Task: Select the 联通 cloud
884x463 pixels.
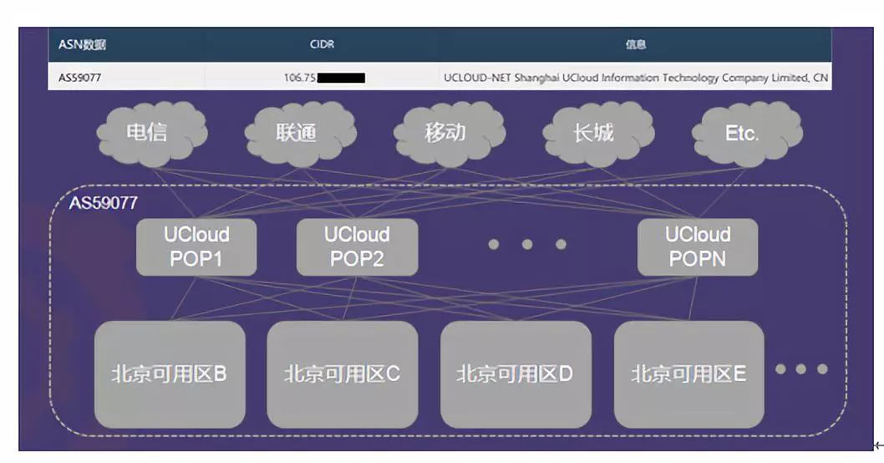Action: pyautogui.click(x=297, y=134)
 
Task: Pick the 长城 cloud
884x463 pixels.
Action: pyautogui.click(x=594, y=134)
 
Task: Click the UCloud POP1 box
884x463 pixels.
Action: pyautogui.click(x=196, y=247)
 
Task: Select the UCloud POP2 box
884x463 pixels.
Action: pyautogui.click(x=357, y=247)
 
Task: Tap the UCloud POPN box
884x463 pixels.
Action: pyautogui.click(x=698, y=247)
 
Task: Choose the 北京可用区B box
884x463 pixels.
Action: pyautogui.click(x=170, y=374)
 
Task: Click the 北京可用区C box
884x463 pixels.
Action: pyautogui.click(x=343, y=374)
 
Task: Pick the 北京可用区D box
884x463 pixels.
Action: pyautogui.click(x=516, y=374)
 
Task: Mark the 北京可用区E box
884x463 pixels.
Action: pyautogui.click(x=689, y=374)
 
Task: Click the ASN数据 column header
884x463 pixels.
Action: pyautogui.click(x=82, y=45)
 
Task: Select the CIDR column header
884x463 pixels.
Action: pyautogui.click(x=322, y=45)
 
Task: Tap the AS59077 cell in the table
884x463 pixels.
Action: pyautogui.click(x=80, y=78)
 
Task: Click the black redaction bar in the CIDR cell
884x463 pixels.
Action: pyautogui.click(x=342, y=79)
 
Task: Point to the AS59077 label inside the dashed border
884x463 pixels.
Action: pyautogui.click(x=103, y=203)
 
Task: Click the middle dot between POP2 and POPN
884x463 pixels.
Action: pyautogui.click(x=527, y=244)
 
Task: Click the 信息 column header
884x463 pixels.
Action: pyautogui.click(x=636, y=45)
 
